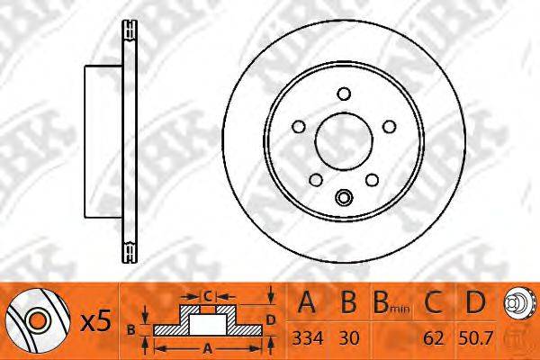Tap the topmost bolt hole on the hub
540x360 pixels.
[x=344, y=94]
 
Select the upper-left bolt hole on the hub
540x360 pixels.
[x=299, y=126]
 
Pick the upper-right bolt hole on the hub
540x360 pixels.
[x=389, y=126]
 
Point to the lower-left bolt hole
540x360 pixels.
[x=316, y=180]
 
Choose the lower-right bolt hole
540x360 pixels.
[x=372, y=180]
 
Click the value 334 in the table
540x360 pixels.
[x=308, y=338]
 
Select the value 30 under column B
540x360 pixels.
[x=349, y=338]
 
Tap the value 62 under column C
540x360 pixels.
[x=433, y=338]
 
